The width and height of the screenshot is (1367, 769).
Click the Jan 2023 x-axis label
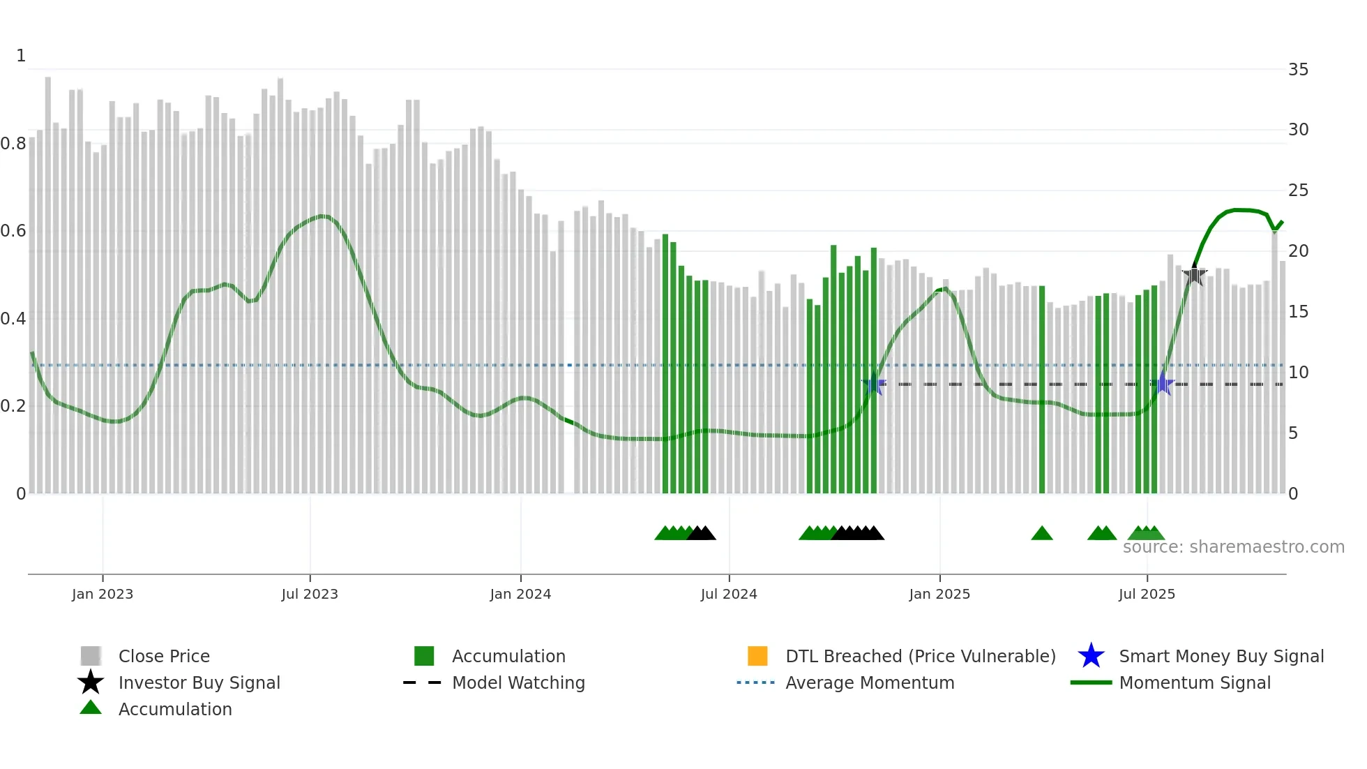point(102,594)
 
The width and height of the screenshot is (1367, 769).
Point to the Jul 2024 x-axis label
point(728,594)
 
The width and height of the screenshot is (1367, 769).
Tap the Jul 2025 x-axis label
point(1147,594)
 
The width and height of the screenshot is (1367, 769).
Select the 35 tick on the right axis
point(1298,70)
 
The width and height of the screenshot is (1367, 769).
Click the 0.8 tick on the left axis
point(13,144)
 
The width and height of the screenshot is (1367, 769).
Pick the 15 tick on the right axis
point(1298,312)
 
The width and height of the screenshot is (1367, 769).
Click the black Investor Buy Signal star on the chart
point(1194,276)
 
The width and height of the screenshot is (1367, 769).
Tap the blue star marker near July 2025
point(1163,384)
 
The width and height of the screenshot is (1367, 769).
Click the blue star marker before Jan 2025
point(873,384)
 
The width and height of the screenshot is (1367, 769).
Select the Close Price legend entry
point(163,656)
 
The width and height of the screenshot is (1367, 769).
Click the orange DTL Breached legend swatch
point(757,656)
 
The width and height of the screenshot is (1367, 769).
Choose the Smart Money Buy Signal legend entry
point(1221,656)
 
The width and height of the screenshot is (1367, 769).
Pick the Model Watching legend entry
point(518,682)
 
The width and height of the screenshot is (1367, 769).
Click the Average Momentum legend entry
point(869,682)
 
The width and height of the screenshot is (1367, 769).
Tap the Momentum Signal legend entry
point(1194,682)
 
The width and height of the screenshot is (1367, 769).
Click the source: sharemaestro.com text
point(1233,547)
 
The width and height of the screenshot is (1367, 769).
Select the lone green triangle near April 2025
point(1041,534)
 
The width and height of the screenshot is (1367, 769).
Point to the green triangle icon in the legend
point(91,708)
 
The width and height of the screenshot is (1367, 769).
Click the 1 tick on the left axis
point(21,56)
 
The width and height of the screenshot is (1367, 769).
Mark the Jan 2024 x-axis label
point(520,594)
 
